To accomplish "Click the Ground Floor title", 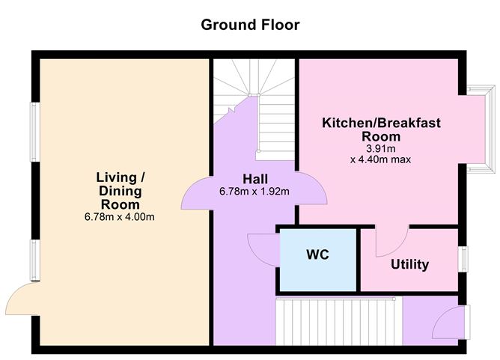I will coord(250,25).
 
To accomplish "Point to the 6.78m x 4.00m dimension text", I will coord(120,217).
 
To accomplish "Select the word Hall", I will coord(255,178).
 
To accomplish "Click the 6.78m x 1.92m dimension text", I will coord(255,191).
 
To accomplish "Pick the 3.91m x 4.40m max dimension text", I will coord(381,153).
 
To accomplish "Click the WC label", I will coord(317,254).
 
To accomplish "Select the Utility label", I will coord(409,264).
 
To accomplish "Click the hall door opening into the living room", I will coord(196,191).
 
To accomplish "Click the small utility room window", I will coord(464,257).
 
